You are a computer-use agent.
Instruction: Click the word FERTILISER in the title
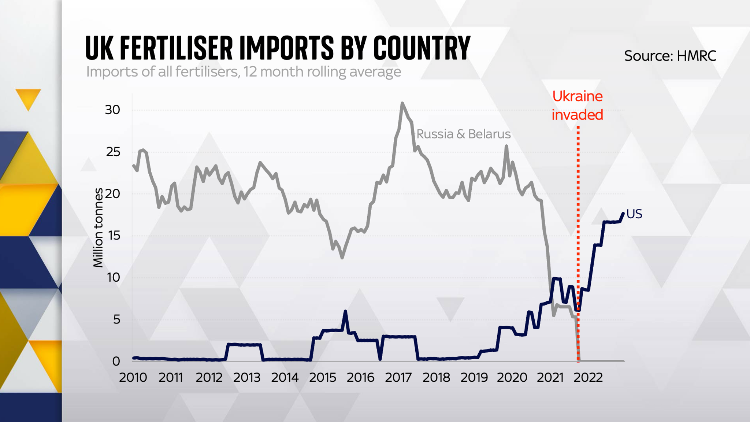point(176,48)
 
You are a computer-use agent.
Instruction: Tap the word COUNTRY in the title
point(422,48)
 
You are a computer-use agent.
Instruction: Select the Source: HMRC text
point(670,56)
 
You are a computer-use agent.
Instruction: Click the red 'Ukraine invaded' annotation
point(577,105)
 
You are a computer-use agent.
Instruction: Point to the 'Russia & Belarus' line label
point(463,134)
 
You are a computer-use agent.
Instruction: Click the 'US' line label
point(634,214)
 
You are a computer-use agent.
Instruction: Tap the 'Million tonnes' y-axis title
point(98,227)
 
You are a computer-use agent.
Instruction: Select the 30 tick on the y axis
point(112,110)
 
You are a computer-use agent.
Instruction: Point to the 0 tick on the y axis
point(116,361)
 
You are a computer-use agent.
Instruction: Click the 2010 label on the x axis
point(133,378)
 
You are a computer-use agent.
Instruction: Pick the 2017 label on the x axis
point(398,378)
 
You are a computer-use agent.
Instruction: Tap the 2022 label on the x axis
point(588,378)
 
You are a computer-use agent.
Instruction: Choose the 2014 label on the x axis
point(285,378)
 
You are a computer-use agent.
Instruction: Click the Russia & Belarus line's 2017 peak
point(402,104)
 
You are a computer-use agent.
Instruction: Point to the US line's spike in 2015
point(345,311)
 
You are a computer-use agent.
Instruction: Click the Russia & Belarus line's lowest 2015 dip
point(342,258)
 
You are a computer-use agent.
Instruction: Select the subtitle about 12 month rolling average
point(244,72)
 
